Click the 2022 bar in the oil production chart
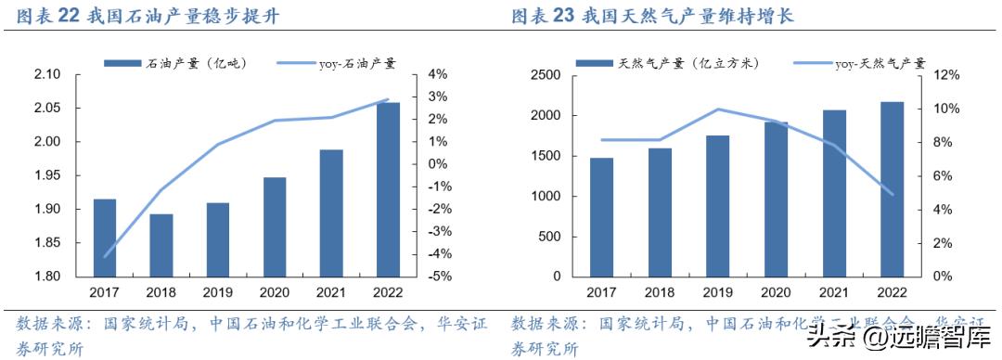coord(388,189)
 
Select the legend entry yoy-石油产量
coord(348,63)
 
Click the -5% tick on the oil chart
coord(439,276)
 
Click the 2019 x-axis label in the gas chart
coord(717,292)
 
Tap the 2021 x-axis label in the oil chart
coord(331,292)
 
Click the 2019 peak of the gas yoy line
coord(717,109)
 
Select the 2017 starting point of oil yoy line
coord(105,255)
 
